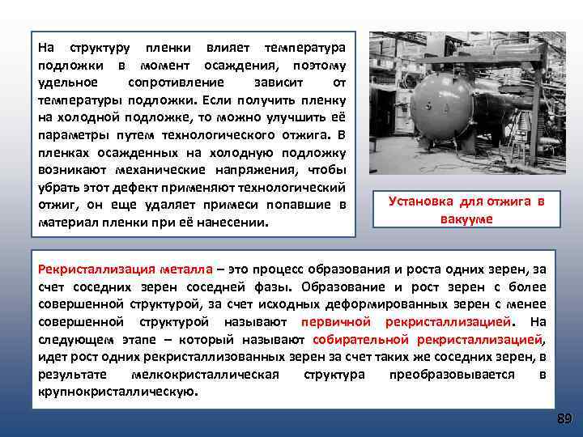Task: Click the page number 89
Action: (564, 418)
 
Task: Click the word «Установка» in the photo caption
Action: (424, 202)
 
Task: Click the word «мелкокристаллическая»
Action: (205, 375)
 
